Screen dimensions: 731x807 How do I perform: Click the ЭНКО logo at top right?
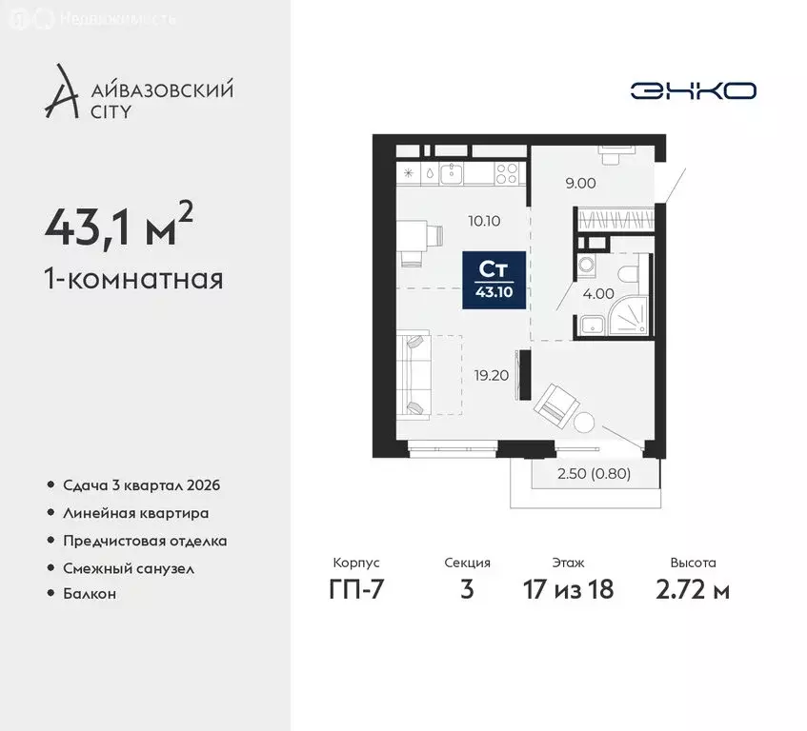693,90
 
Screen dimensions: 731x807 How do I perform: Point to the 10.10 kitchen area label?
484,221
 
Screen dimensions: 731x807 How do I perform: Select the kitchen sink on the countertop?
452,173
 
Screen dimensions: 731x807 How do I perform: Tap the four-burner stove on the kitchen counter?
507,174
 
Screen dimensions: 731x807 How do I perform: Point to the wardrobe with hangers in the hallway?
614,220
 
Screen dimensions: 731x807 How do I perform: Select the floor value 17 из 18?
569,589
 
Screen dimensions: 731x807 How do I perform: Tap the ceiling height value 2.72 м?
693,589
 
